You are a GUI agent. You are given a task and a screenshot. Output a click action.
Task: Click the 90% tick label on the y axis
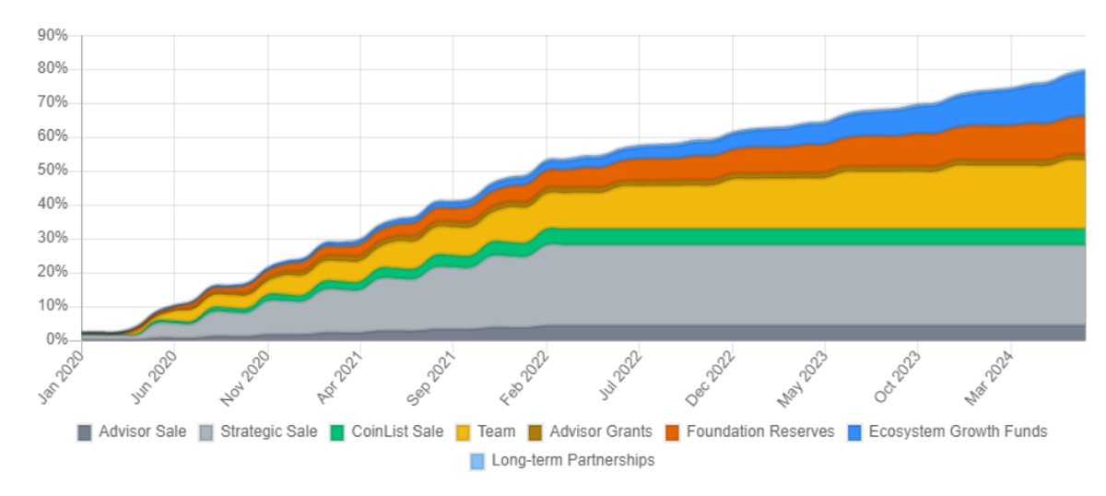pyautogui.click(x=53, y=35)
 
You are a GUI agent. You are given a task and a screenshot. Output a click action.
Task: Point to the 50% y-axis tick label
pyautogui.click(x=53, y=171)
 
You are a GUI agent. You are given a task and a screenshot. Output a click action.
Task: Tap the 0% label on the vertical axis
pyautogui.click(x=57, y=340)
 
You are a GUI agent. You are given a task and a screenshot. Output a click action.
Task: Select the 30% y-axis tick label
pyautogui.click(x=53, y=238)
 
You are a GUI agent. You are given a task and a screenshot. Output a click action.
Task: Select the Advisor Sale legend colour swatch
pyautogui.click(x=85, y=432)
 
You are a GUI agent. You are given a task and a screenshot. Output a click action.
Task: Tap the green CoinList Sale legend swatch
pyautogui.click(x=337, y=432)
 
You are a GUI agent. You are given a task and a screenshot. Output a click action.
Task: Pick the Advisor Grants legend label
pyautogui.click(x=601, y=431)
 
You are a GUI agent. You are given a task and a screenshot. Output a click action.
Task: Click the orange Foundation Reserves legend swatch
pyautogui.click(x=673, y=432)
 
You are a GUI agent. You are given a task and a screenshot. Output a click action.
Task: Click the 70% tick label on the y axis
pyautogui.click(x=53, y=102)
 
